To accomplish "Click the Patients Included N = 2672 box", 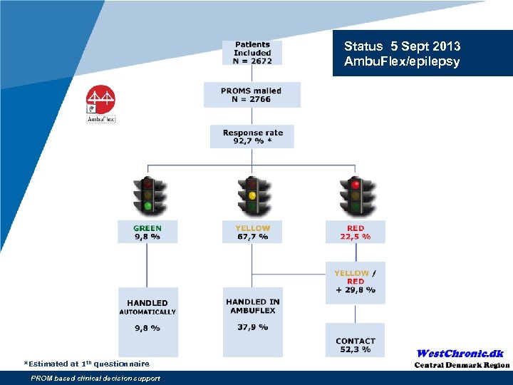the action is click(x=252, y=53).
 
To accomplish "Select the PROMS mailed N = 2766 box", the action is click(x=252, y=95).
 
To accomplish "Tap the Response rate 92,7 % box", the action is click(x=252, y=137).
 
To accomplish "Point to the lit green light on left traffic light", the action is click(x=147, y=207).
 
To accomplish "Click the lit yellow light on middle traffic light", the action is click(x=252, y=195).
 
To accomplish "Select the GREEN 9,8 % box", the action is click(x=147, y=232).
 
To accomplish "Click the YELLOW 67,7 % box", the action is click(x=252, y=232).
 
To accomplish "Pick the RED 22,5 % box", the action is click(x=356, y=232).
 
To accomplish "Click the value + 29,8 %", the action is click(x=356, y=290).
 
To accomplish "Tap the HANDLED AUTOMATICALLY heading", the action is click(x=147, y=307).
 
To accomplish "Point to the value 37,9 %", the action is click(x=252, y=327).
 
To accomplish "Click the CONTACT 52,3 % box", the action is click(x=356, y=345).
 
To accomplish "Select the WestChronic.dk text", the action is click(x=460, y=354).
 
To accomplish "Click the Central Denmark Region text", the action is click(x=462, y=365).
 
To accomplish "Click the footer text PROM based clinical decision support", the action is click(x=95, y=379).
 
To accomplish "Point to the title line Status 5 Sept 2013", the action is click(x=402, y=46).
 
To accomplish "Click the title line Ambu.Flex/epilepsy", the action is click(x=402, y=61).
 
